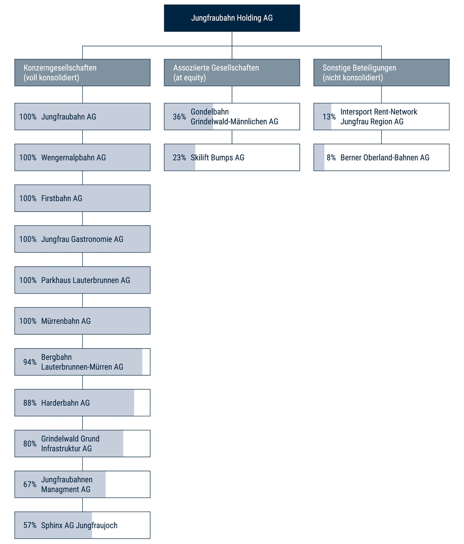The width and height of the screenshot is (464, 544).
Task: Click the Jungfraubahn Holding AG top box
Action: (232, 18)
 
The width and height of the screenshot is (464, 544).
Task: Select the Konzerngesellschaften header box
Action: (82, 73)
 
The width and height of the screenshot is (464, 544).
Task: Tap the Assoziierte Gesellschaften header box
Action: (232, 73)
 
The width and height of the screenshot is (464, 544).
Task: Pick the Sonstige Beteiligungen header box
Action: (381, 73)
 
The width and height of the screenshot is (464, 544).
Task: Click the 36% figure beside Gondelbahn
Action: (179, 117)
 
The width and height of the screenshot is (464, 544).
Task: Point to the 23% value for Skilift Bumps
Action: (179, 158)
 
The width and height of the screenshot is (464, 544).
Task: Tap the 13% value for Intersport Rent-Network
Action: (329, 117)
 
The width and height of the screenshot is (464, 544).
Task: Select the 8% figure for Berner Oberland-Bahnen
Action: (331, 158)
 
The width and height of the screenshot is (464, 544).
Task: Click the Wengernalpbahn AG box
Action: (82, 158)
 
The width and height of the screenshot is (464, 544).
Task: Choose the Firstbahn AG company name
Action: (62, 198)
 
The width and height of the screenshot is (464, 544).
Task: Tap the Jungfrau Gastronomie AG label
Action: (82, 239)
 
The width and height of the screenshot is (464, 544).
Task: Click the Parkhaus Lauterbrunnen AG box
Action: (82, 280)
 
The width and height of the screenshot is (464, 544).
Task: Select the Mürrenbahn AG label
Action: (66, 321)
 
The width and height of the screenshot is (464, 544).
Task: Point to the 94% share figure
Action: (30, 362)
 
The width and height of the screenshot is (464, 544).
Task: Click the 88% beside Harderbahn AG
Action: (30, 403)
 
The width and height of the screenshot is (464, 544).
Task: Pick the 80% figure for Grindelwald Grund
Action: (30, 444)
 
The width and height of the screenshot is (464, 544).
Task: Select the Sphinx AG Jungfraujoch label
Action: (79, 526)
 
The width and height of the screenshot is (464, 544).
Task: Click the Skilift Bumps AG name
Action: (217, 158)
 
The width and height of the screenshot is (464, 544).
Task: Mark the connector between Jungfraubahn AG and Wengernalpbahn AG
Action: (82, 137)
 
